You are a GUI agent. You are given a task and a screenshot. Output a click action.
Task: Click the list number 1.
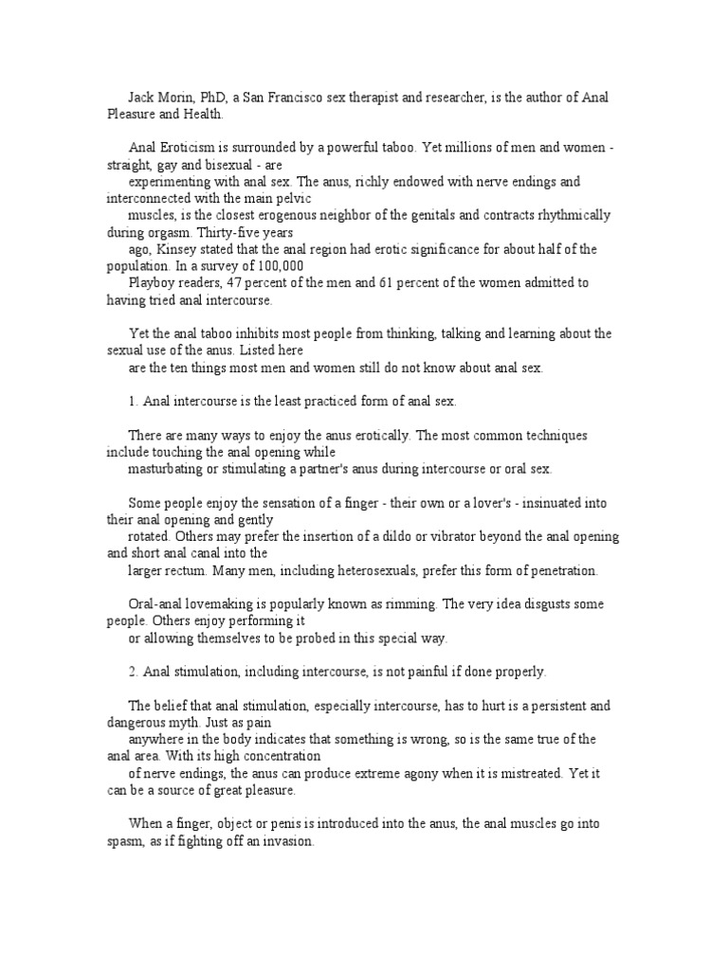[133, 402]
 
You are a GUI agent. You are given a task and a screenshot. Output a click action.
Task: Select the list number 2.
[133, 672]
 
